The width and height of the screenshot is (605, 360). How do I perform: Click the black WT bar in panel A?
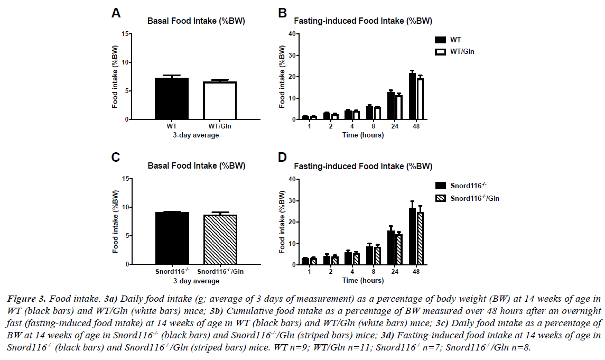point(172,99)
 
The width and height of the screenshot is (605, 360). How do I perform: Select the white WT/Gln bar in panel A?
point(220,101)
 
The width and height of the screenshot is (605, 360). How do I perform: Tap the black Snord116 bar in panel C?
point(172,238)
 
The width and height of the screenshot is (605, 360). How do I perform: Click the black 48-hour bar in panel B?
point(412,97)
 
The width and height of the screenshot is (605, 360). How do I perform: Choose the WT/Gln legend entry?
point(458,51)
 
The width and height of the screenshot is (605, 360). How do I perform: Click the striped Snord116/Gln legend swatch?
point(440,198)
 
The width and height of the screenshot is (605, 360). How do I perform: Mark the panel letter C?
point(115,157)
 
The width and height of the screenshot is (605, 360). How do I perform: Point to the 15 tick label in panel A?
point(125,34)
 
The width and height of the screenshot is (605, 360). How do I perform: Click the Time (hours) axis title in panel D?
point(362,280)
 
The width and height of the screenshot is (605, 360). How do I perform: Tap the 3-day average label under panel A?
point(196,135)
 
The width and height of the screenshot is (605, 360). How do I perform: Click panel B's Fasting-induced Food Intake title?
point(362,22)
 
